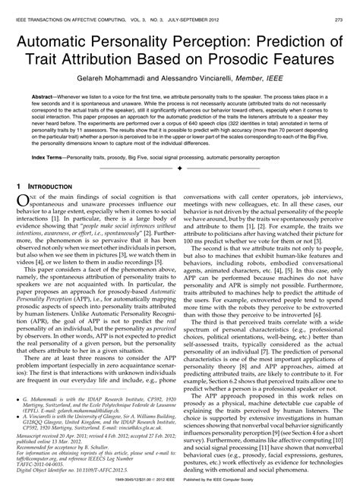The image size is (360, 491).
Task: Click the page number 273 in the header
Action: (x=343, y=7)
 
